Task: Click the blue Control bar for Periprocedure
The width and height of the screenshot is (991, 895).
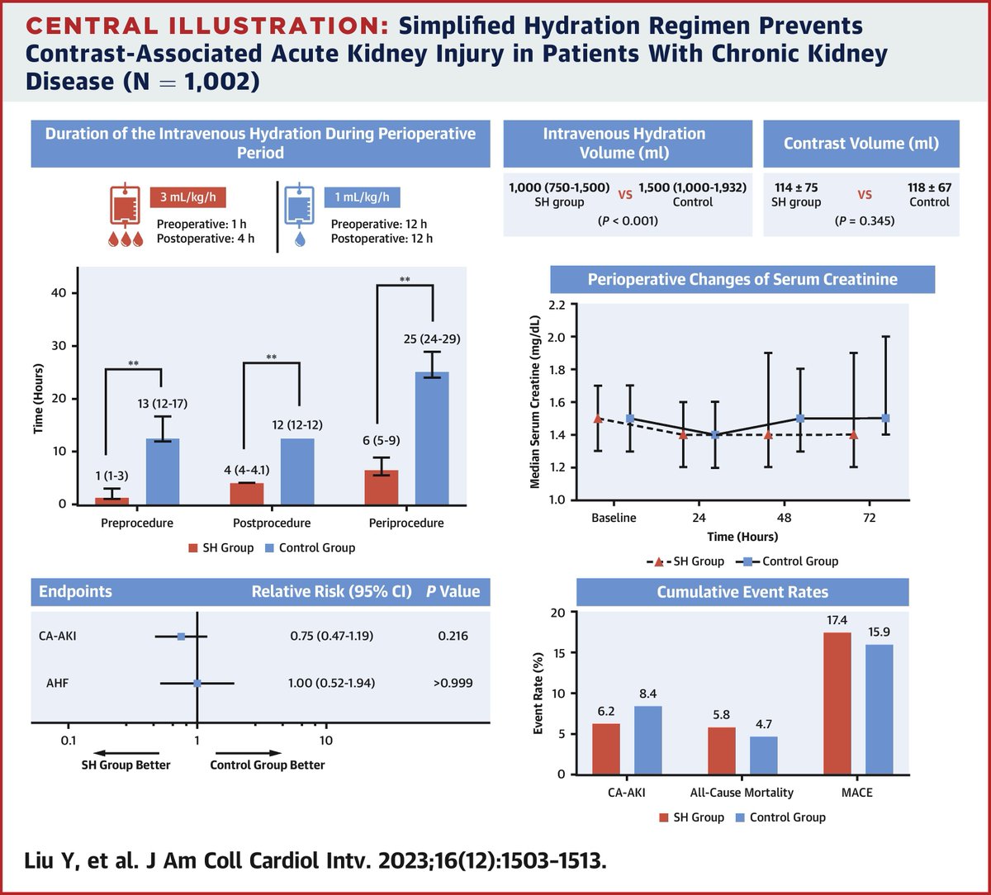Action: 432,438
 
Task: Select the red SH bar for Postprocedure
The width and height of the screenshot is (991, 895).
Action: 247,493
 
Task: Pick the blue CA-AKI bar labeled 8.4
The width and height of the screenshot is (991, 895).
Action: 648,740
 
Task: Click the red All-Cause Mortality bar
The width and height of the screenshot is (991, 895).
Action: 723,751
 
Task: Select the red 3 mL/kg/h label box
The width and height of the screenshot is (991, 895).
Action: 188,197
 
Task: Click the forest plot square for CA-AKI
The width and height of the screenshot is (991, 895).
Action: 181,637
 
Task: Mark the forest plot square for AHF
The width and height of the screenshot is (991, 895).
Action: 197,683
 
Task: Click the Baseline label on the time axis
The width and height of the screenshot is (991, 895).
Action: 614,518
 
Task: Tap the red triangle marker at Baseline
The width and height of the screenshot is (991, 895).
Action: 598,419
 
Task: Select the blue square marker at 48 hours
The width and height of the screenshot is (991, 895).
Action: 799,419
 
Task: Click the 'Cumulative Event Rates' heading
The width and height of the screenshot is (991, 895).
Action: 742,592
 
